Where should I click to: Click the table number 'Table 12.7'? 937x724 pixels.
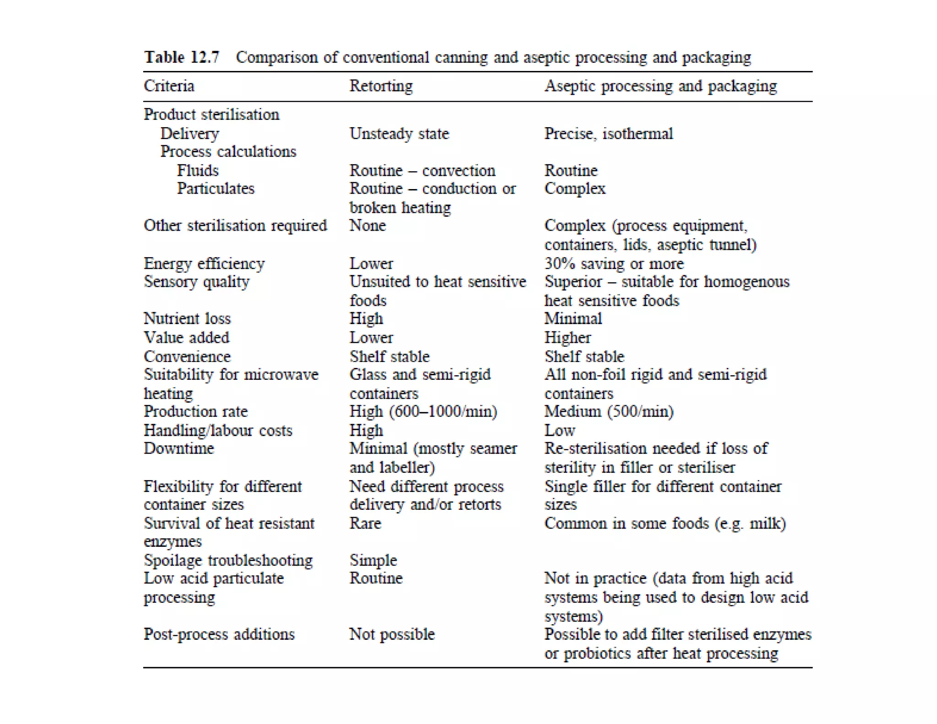(x=182, y=57)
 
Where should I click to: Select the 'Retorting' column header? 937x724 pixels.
(x=381, y=86)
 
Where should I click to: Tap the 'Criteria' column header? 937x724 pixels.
(x=169, y=86)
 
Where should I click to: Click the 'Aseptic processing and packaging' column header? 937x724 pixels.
(x=660, y=86)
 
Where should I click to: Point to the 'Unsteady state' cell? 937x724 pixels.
(x=399, y=134)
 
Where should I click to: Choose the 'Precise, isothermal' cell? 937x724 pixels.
(x=608, y=134)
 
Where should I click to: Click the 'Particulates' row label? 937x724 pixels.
(x=215, y=189)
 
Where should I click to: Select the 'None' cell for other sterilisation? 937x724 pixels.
(x=367, y=226)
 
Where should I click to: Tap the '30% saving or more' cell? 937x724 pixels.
(x=614, y=264)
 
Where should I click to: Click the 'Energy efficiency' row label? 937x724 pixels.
(x=204, y=264)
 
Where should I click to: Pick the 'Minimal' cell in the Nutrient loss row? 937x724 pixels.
(x=573, y=319)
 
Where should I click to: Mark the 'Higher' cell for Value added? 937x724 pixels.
(x=567, y=338)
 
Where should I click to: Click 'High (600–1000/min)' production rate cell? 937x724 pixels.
(x=423, y=411)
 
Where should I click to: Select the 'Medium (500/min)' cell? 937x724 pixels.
(x=609, y=411)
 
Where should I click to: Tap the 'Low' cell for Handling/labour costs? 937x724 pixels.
(x=560, y=430)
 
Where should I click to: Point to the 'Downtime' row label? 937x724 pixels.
(x=178, y=448)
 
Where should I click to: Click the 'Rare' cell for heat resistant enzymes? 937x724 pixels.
(x=365, y=523)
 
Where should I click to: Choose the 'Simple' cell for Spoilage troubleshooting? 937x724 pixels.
(x=373, y=560)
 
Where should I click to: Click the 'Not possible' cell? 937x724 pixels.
(x=392, y=634)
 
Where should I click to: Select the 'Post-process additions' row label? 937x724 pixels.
(x=219, y=634)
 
